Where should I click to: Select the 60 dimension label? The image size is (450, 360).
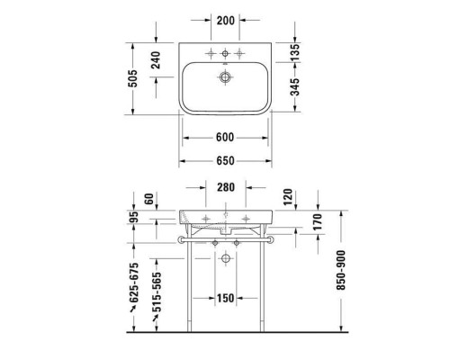click(148, 198)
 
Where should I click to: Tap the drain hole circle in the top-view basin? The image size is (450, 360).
click(223, 77)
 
